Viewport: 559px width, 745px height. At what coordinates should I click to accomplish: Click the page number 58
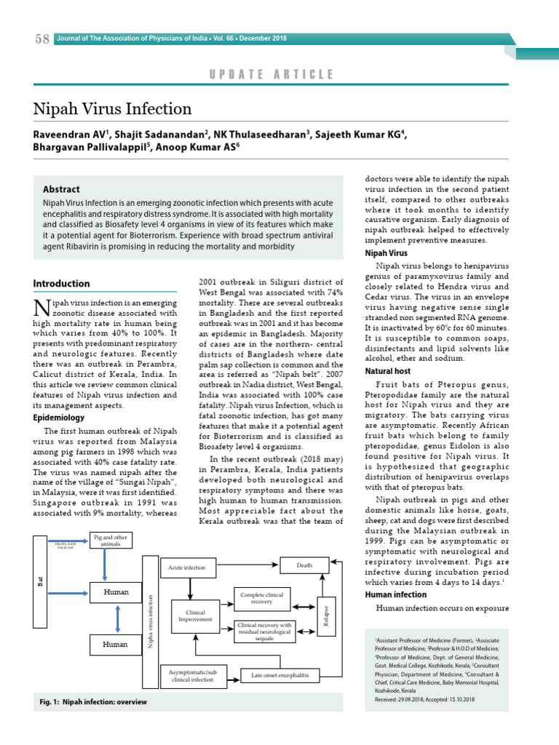coord(41,39)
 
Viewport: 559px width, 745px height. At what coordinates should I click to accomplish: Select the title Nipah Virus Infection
coord(113,109)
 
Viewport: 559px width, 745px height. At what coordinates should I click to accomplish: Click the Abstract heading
coord(61,189)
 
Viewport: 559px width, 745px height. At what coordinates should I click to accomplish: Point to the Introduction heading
coord(62,284)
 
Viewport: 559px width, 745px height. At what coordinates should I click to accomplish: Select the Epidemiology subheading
coord(59,418)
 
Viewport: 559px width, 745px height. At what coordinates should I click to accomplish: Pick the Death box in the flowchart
coord(304,565)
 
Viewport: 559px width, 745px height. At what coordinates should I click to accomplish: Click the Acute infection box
coord(187,567)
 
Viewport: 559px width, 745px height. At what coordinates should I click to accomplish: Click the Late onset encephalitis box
coord(280,675)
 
